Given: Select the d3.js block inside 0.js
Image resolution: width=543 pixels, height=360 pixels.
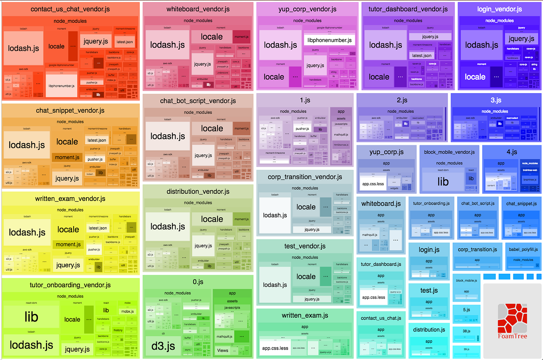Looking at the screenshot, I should click(163, 346).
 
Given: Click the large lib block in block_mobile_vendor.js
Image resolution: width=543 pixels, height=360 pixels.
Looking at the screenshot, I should click(443, 182).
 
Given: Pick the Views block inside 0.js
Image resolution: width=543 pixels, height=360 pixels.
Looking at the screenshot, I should click(223, 350).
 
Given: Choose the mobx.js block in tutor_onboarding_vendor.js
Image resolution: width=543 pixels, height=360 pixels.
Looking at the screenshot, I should click(127, 311).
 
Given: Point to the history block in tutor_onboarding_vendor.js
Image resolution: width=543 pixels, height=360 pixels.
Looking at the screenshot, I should click(118, 330).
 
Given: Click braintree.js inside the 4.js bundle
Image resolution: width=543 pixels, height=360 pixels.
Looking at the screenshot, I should click(530, 179).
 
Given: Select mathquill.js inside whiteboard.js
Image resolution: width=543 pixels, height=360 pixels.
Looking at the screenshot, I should click(369, 235).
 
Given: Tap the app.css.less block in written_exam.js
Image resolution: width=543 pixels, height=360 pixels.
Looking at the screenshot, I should click(275, 348).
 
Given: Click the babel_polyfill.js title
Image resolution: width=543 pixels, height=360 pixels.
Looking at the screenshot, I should click(523, 249).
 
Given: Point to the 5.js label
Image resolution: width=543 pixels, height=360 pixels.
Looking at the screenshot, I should click(466, 310).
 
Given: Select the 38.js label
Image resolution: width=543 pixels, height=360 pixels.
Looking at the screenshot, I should click(466, 331).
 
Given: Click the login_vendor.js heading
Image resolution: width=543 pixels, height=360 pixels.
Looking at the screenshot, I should click(499, 9).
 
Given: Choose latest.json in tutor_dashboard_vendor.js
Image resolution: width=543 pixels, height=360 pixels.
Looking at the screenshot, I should click(421, 56).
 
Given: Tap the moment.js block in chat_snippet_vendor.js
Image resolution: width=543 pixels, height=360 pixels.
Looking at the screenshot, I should click(67, 157).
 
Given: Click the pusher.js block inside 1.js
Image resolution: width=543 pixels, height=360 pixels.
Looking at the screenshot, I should click(302, 129).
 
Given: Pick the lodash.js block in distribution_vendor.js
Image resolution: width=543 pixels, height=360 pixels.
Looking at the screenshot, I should click(168, 227).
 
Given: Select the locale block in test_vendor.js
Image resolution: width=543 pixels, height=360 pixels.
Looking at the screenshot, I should click(306, 276).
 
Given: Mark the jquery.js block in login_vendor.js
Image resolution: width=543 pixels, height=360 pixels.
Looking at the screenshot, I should click(521, 39).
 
